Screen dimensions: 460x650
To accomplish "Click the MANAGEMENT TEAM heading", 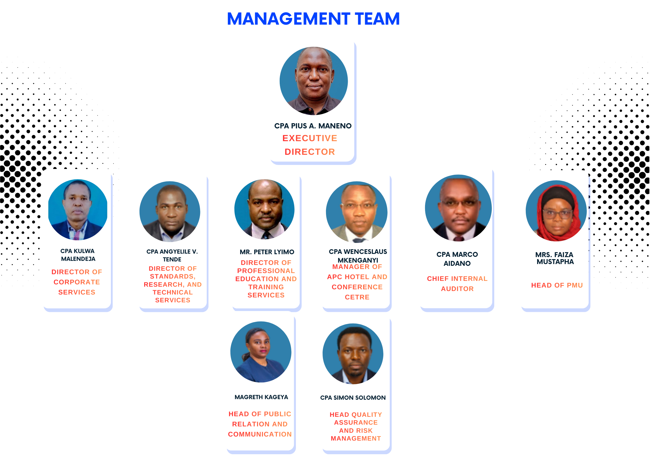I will point(313,19).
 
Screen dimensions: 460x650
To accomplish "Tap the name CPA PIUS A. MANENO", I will point(313,126).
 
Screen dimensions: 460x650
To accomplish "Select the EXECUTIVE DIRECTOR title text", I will point(310,145).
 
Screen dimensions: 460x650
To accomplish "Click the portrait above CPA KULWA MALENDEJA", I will point(78,210).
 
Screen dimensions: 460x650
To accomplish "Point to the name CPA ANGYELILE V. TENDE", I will point(172,255).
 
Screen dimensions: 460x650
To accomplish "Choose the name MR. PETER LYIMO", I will point(267,252).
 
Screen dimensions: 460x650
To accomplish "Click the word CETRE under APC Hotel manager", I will point(357,297).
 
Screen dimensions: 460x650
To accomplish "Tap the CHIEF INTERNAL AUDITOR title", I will point(457,283).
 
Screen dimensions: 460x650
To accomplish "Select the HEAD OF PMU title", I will point(557,285).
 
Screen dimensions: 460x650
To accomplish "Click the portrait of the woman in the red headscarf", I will point(556,211).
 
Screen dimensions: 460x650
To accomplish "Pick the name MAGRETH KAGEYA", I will point(261,397).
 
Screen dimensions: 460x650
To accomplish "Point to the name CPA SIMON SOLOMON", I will point(353,398).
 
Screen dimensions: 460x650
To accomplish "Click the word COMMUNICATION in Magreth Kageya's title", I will point(260,434).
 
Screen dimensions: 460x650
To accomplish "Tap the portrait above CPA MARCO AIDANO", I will point(458,208).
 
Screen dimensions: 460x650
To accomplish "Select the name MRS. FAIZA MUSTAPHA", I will point(555,258).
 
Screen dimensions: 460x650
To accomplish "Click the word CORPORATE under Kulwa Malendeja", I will point(77,282).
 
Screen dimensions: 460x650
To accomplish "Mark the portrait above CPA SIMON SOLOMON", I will point(353,354).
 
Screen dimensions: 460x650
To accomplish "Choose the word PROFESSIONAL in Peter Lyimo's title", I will point(266,271).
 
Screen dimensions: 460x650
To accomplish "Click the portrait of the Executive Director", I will point(314,81).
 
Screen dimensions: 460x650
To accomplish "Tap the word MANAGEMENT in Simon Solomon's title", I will point(356,439).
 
